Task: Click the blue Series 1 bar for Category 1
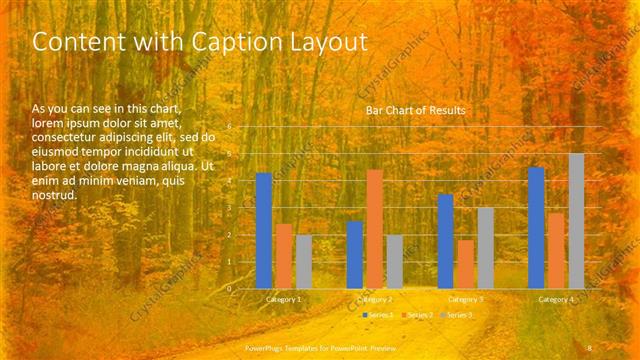click(x=264, y=230)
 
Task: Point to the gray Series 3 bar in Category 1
click(x=304, y=261)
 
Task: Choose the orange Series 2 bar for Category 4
click(x=556, y=250)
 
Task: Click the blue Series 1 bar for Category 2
click(x=354, y=254)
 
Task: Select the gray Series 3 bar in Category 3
click(x=485, y=247)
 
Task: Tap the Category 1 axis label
click(x=284, y=299)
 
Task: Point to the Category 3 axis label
click(x=465, y=299)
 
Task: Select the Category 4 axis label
click(x=556, y=299)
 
